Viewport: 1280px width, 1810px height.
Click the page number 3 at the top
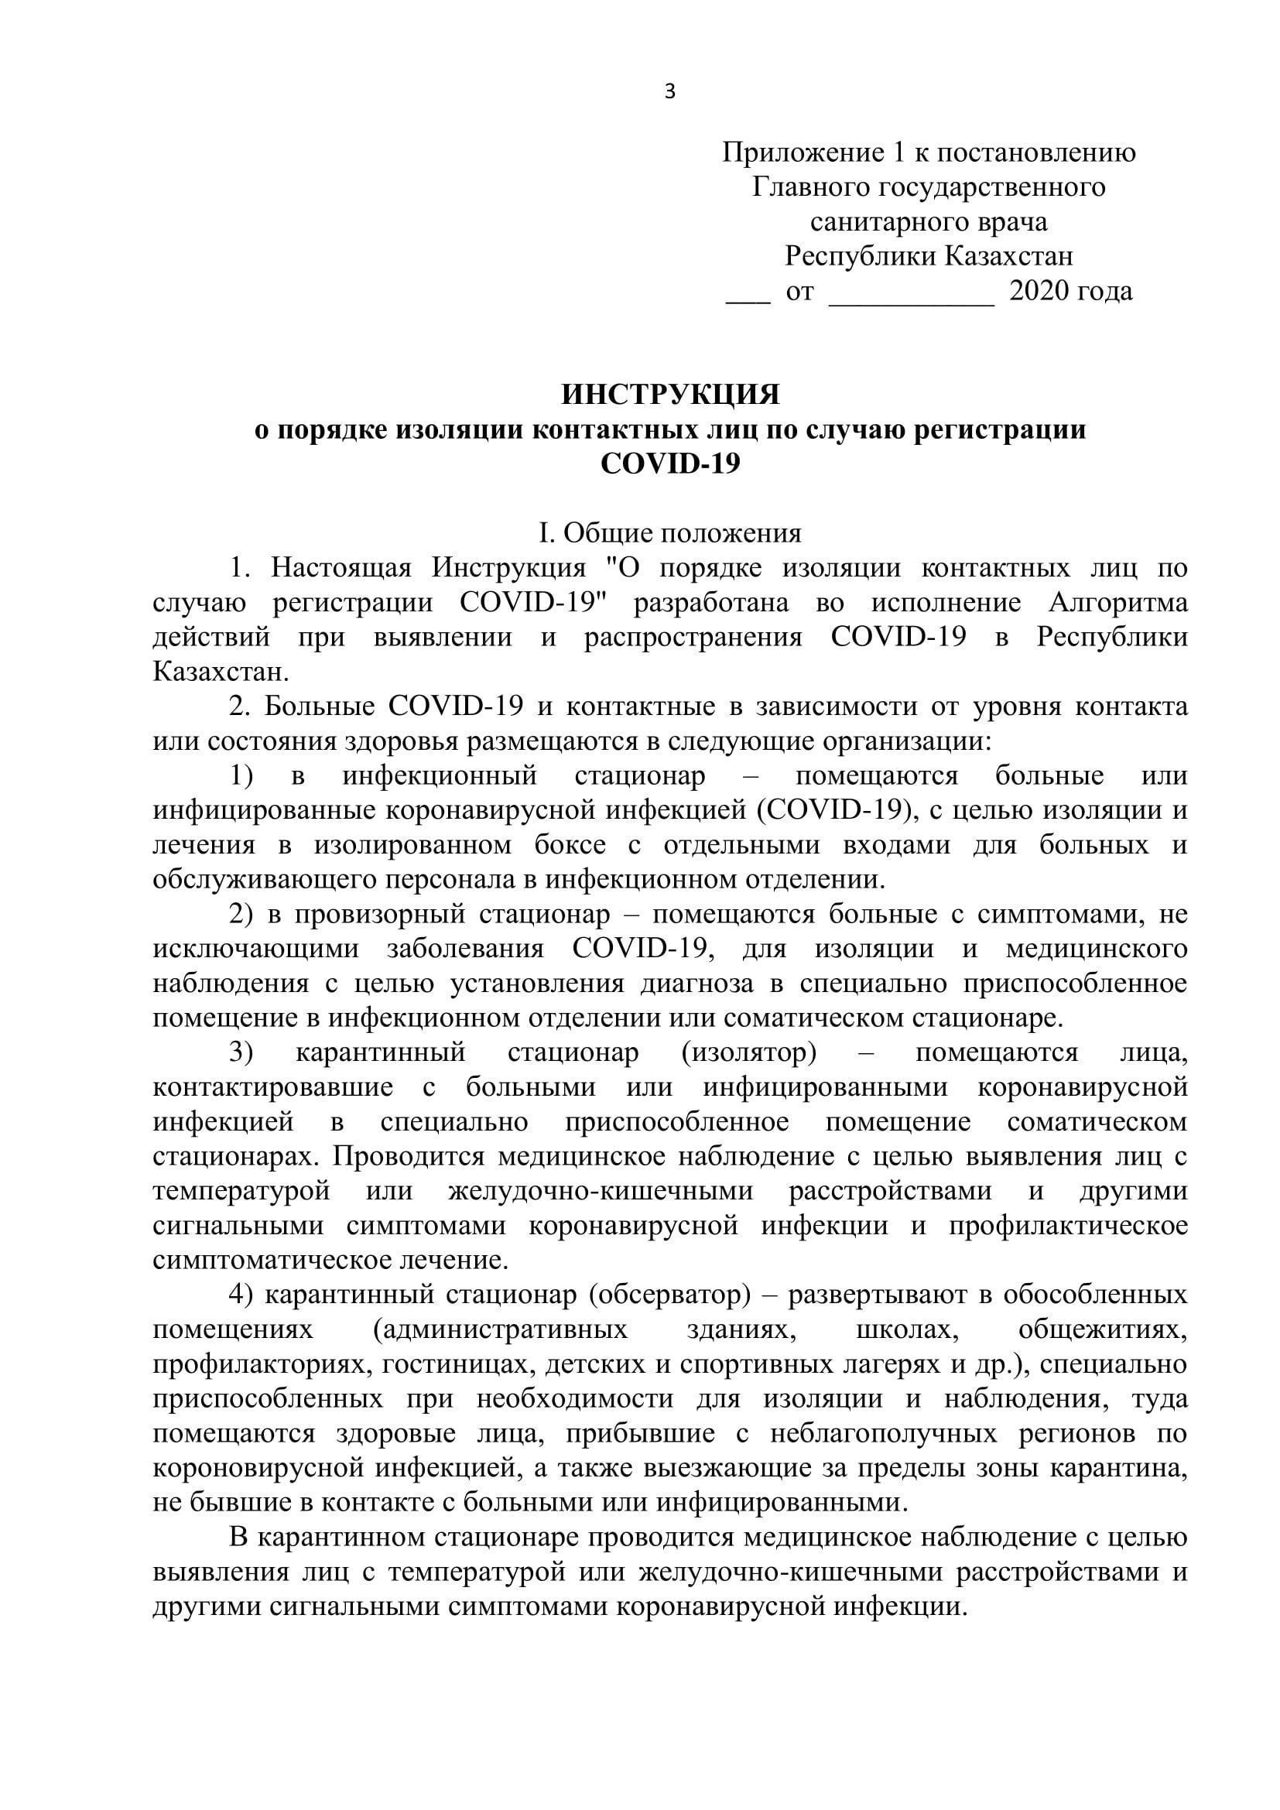tap(670, 92)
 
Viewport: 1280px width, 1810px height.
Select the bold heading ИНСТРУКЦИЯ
tap(670, 394)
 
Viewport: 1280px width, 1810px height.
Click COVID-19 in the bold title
tap(670, 464)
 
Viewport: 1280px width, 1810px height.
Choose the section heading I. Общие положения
tap(670, 534)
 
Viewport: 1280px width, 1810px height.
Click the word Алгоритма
tap(1117, 603)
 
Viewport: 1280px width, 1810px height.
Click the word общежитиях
tap(1103, 1330)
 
